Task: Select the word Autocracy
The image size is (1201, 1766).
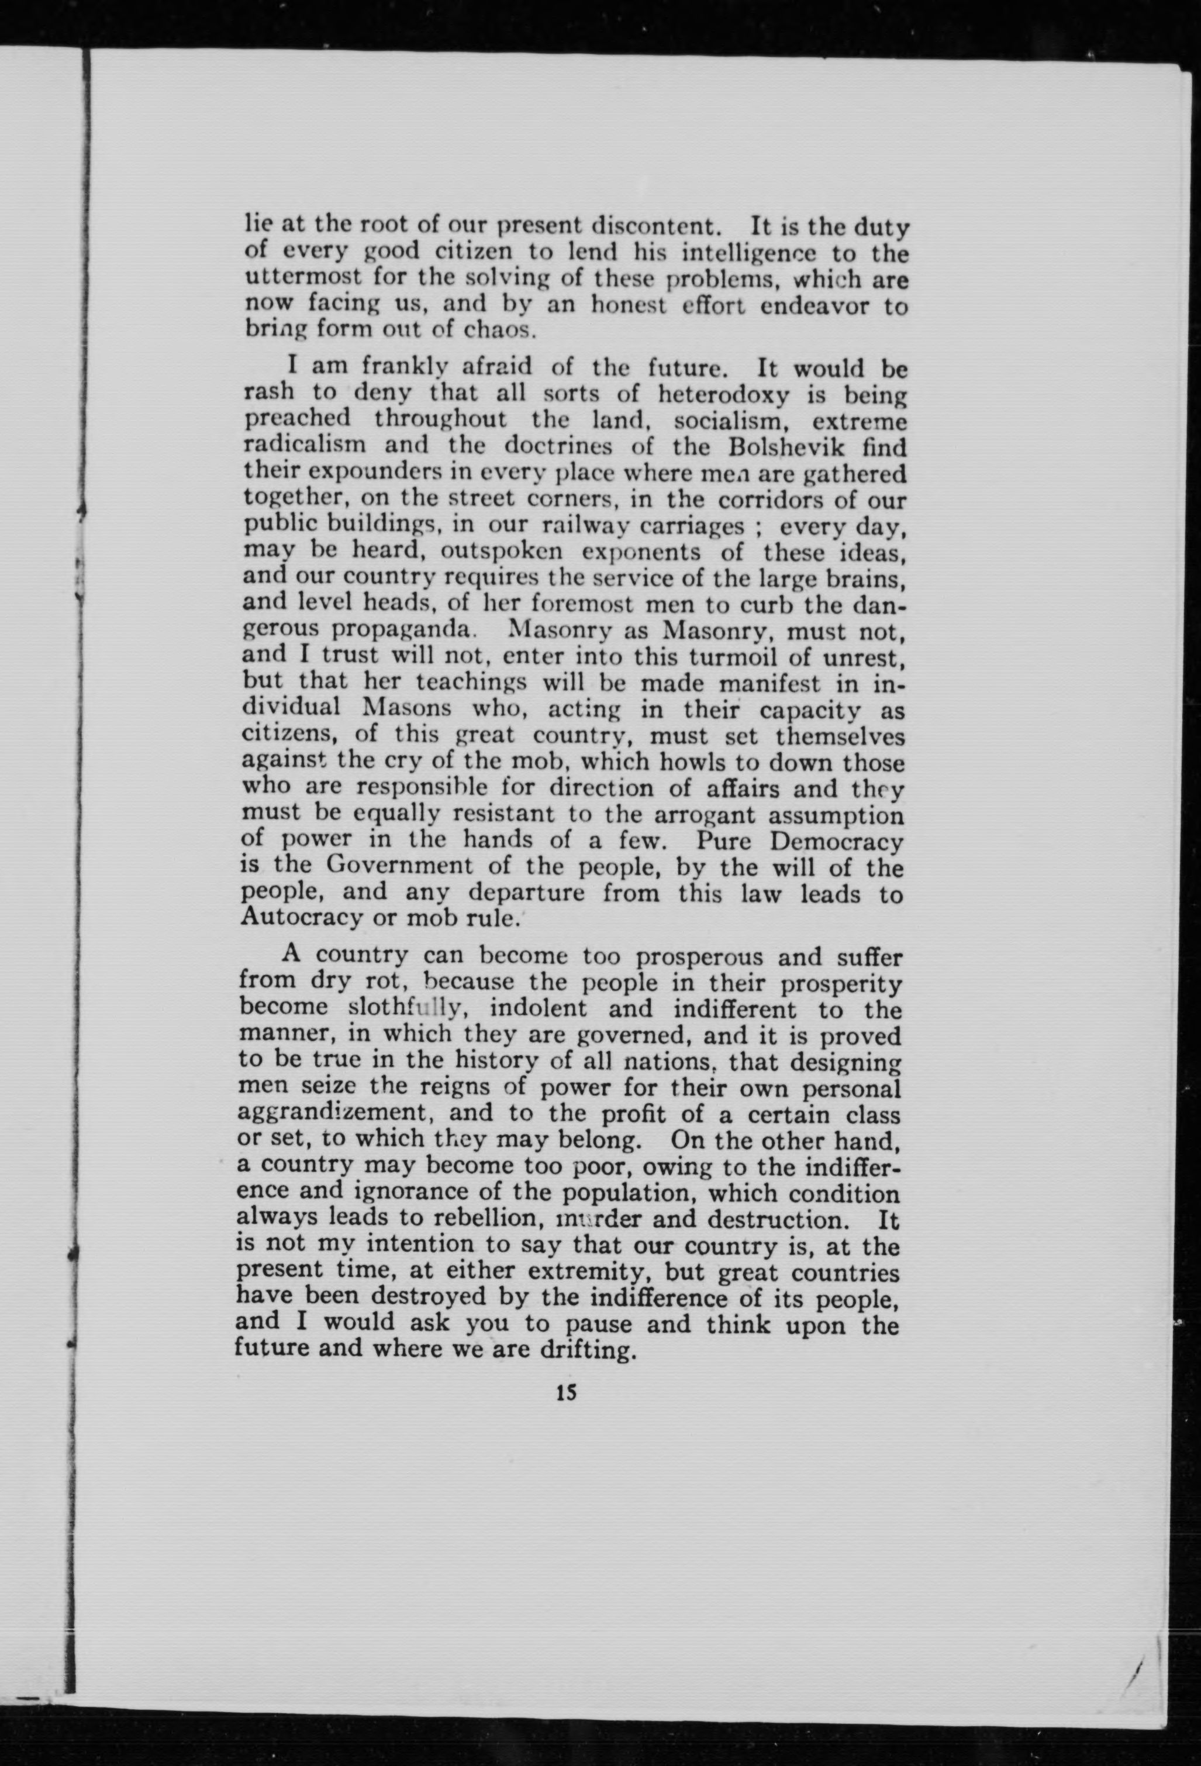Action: pyautogui.click(x=300, y=917)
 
